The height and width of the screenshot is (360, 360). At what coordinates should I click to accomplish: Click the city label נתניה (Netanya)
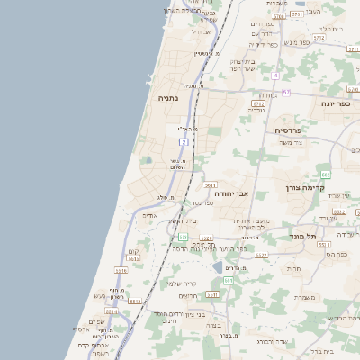(x=169, y=97)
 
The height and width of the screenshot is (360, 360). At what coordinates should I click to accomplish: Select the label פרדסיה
(x=289, y=130)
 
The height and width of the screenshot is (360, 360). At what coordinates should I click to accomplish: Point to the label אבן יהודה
(x=230, y=192)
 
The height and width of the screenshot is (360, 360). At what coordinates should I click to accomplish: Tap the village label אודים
(x=150, y=214)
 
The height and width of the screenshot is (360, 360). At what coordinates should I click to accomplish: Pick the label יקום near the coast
(x=134, y=251)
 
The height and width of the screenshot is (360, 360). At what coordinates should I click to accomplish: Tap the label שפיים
(x=95, y=320)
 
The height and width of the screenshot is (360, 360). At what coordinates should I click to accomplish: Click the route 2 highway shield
(x=184, y=141)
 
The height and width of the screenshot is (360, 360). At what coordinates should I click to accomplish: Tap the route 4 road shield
(x=275, y=76)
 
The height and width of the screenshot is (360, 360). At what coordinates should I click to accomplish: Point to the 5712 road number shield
(x=258, y=103)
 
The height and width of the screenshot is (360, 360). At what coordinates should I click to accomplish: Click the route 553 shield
(x=229, y=281)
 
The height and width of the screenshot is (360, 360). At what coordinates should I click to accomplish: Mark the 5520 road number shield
(x=206, y=238)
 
